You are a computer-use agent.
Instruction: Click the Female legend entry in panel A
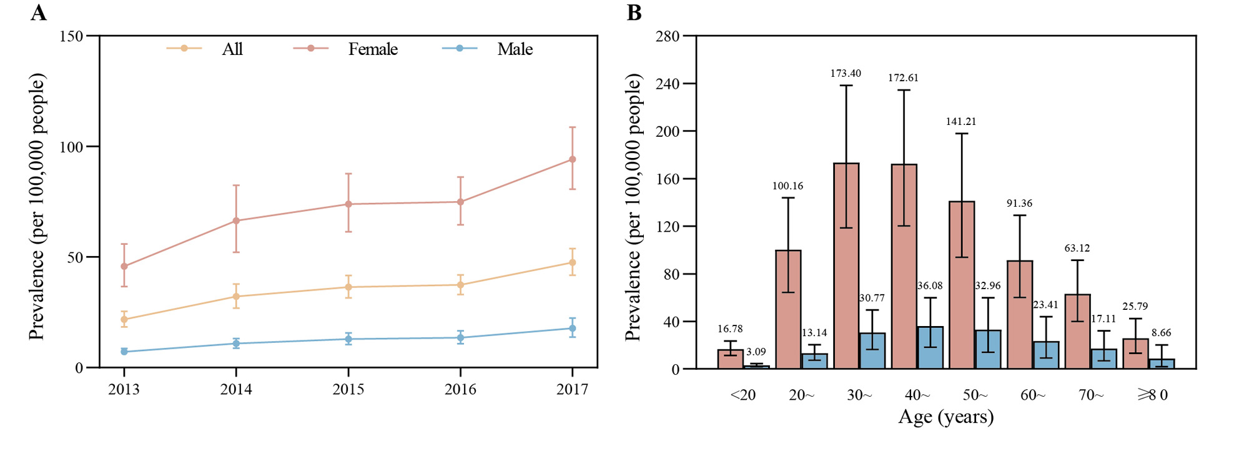(x=372, y=49)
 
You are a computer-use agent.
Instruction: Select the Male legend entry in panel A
(x=515, y=49)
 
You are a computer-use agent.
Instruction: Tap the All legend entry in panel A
(x=232, y=49)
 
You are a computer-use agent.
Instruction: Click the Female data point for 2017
(x=572, y=159)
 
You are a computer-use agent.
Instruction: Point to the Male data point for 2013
(x=124, y=352)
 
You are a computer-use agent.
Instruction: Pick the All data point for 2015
(x=348, y=287)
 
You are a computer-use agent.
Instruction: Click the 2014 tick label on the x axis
(x=236, y=390)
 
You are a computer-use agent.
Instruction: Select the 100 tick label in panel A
(x=71, y=147)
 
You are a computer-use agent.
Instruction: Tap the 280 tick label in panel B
(x=667, y=36)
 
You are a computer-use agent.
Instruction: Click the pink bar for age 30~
(x=846, y=265)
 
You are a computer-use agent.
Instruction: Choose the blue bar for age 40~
(x=931, y=348)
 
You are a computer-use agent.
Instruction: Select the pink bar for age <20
(x=730, y=359)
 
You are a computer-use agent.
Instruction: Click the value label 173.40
(x=846, y=73)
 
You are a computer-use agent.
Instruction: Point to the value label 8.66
(x=1162, y=333)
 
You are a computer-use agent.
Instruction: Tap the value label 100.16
(x=787, y=186)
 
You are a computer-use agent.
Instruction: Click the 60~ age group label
(x=1033, y=395)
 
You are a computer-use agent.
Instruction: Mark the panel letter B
(x=634, y=12)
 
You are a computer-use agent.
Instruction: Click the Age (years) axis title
(x=945, y=417)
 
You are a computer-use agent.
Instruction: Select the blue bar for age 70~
(x=1103, y=359)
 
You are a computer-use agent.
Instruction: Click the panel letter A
(x=38, y=12)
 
